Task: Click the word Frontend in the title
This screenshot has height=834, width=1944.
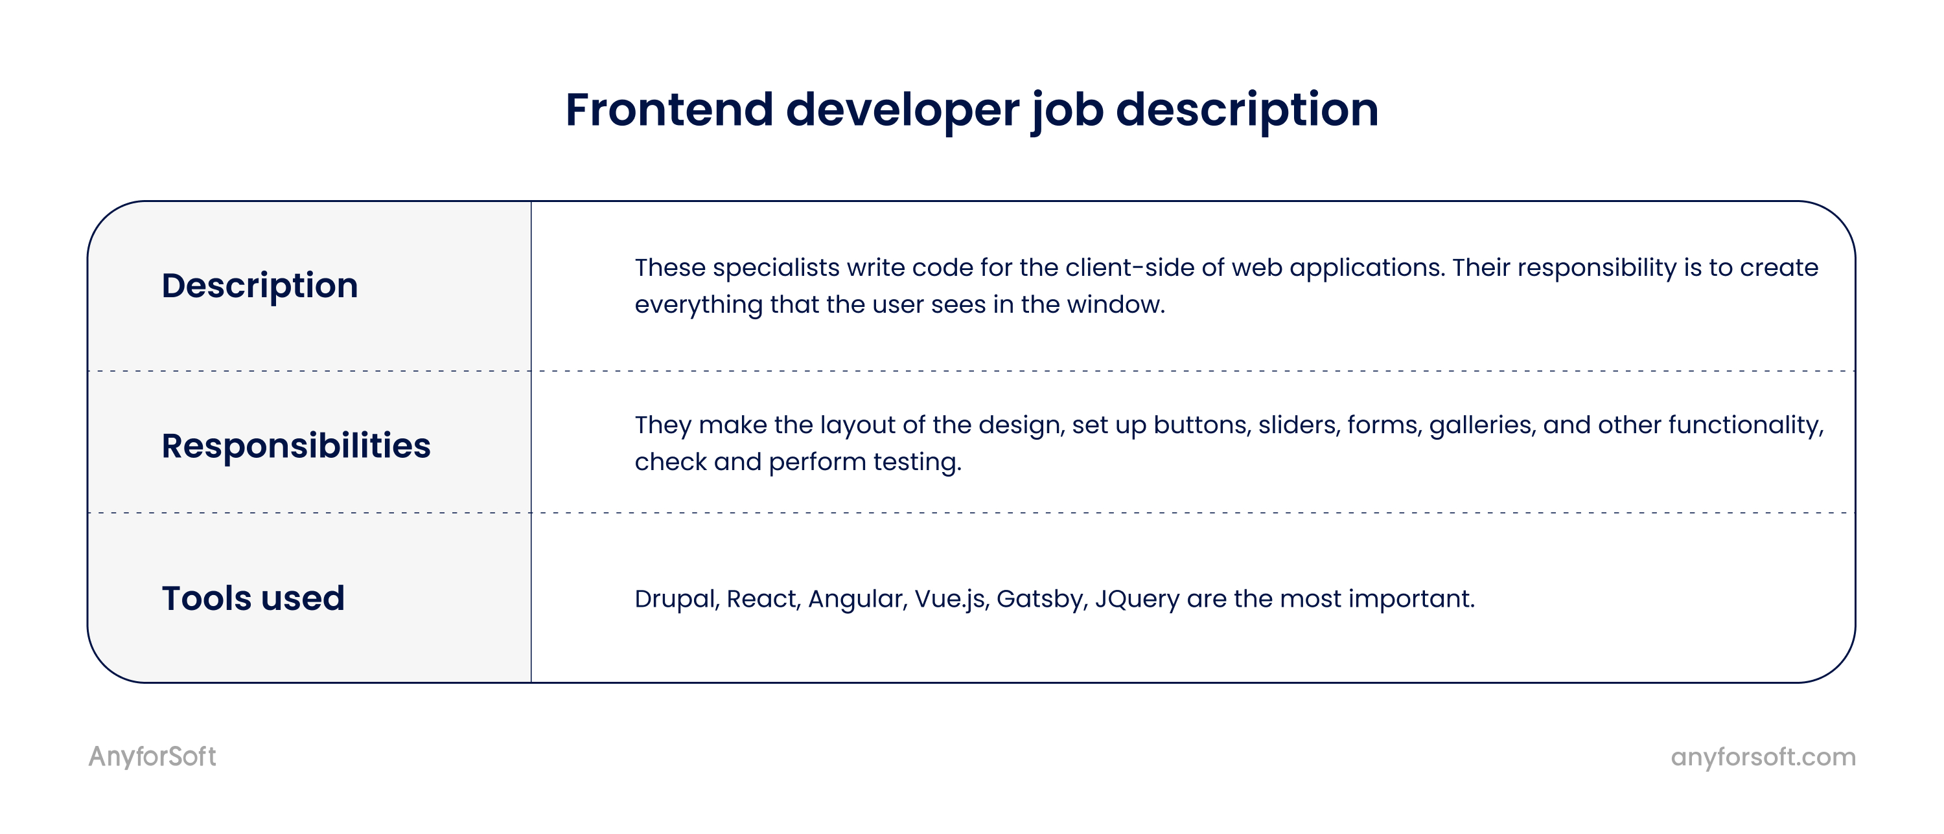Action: [669, 109]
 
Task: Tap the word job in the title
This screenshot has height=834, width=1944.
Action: [1067, 111]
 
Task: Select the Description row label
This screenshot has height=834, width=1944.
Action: [260, 286]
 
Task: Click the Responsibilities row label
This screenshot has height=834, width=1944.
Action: [296, 445]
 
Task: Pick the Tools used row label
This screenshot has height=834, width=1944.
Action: [253, 598]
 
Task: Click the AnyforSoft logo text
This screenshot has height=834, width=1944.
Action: [152, 756]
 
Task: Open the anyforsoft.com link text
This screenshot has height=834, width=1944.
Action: [1763, 757]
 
